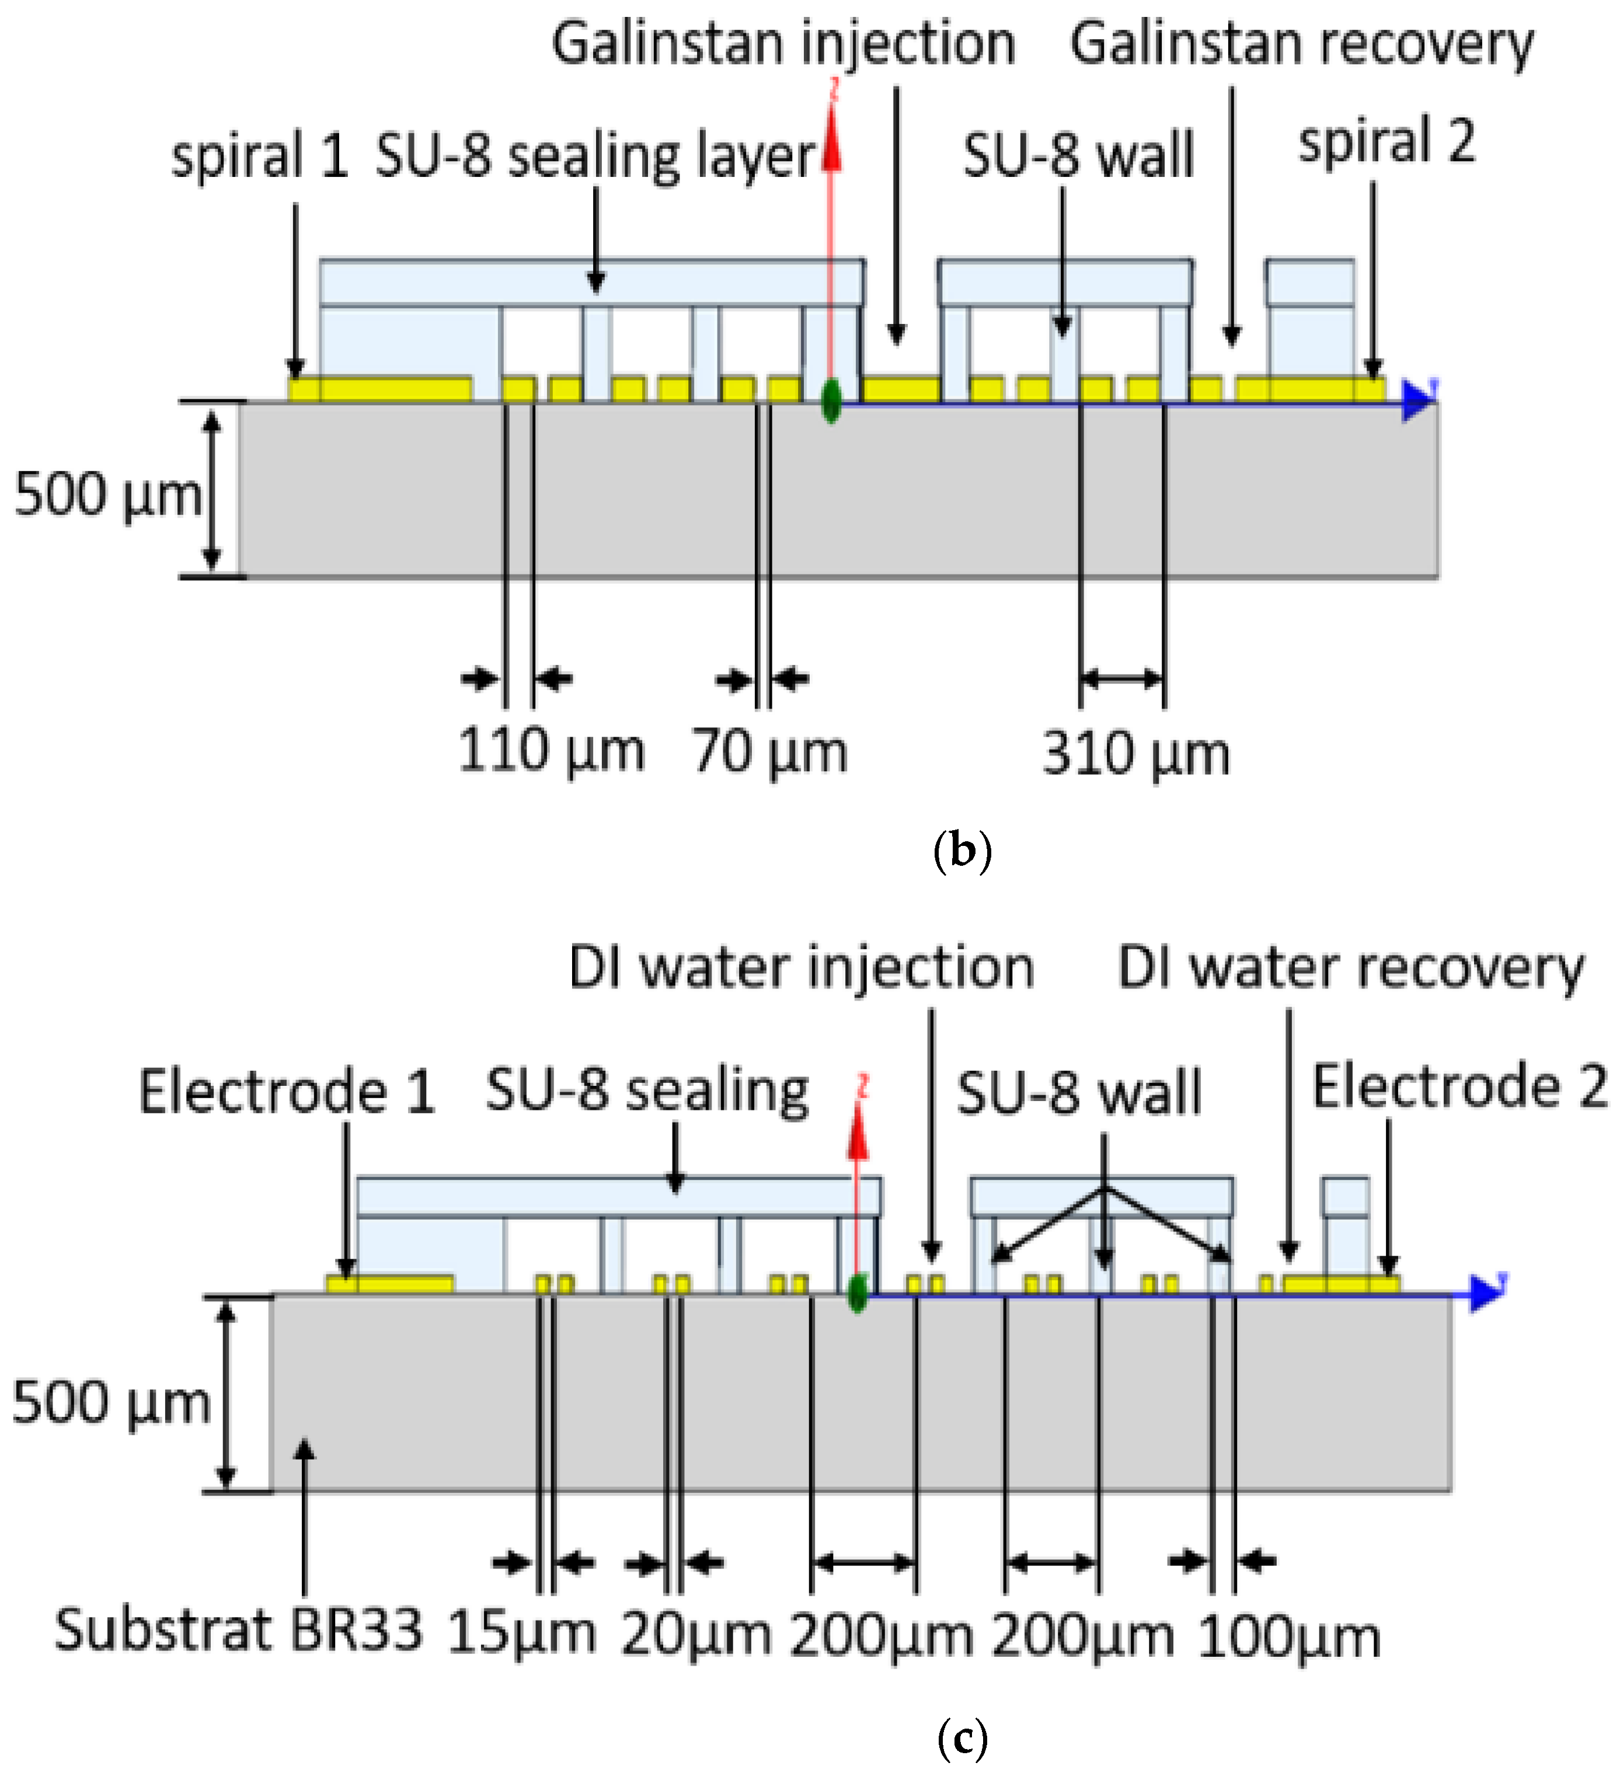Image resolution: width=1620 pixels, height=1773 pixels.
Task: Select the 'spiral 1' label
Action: coord(259,156)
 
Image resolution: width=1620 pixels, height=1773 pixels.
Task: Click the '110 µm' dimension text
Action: coord(552,752)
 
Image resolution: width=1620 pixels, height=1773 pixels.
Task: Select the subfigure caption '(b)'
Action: coord(961,851)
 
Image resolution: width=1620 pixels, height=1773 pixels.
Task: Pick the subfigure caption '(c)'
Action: coord(961,1739)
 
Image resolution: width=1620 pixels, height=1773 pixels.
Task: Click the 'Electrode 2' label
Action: coord(1460,1087)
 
